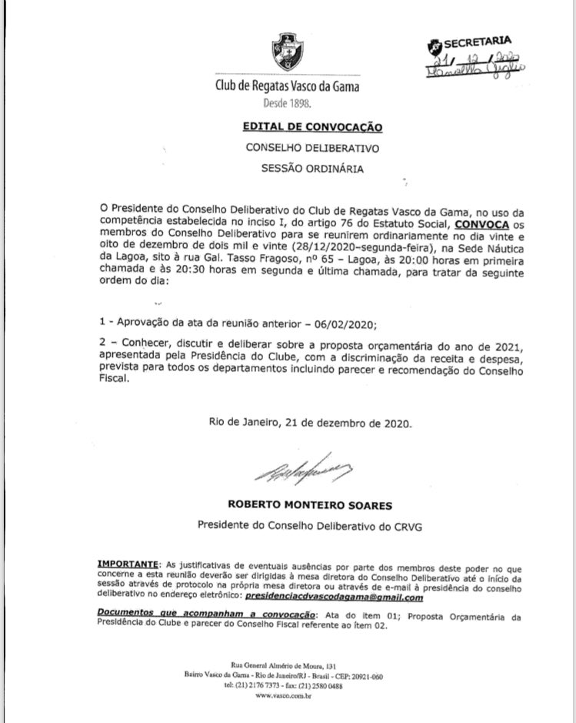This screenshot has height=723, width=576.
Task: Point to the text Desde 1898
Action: coord(288,101)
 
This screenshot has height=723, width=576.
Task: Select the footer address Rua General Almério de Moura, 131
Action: coord(288,664)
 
